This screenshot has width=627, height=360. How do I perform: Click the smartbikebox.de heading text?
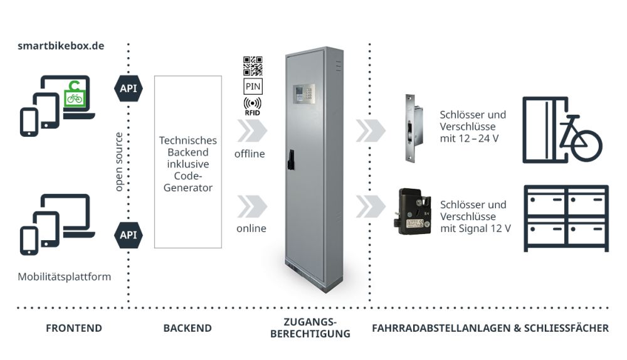pyautogui.click(x=61, y=47)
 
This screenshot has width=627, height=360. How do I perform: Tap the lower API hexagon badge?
pyautogui.click(x=128, y=235)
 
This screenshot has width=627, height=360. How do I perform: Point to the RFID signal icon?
pyautogui.click(x=252, y=105)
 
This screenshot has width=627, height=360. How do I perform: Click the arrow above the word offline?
pyautogui.click(x=252, y=131)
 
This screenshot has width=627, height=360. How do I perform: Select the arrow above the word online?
pyautogui.click(x=252, y=206)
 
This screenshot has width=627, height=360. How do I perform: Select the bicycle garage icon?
pyautogui.click(x=561, y=130)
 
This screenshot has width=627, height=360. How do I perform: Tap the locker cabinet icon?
pyautogui.click(x=566, y=218)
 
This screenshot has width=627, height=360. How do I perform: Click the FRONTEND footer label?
pyautogui.click(x=73, y=328)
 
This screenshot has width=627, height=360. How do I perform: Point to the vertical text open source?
pyautogui.click(x=119, y=162)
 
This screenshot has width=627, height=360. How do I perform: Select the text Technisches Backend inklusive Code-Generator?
pyautogui.click(x=187, y=163)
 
